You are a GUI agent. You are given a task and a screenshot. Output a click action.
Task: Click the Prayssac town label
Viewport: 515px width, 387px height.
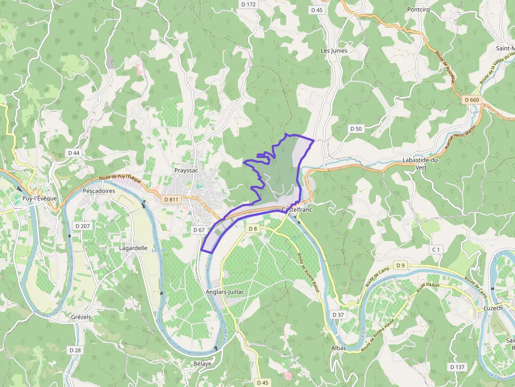186,171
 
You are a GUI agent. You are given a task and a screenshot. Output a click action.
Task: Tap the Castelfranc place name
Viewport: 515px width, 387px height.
297,210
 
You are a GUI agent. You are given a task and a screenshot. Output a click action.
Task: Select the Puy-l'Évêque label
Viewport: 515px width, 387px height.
39,198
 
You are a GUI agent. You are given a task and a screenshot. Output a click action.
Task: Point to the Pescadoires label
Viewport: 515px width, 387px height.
99,191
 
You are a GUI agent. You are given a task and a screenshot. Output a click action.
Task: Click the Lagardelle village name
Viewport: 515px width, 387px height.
133,248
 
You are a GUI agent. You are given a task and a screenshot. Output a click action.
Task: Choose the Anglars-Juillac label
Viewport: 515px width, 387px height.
226,292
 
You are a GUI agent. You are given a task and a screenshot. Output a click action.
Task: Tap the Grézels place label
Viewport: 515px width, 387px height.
81,317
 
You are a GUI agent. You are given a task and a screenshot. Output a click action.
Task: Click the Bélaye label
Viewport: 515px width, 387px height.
202,363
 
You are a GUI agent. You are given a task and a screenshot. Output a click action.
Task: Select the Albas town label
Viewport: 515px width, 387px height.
339,348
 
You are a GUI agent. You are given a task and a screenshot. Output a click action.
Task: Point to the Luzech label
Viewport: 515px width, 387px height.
493,308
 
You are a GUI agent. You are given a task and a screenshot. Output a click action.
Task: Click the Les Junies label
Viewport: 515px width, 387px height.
334,50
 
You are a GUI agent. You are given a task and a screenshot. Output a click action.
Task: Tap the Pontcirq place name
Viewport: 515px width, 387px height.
419,9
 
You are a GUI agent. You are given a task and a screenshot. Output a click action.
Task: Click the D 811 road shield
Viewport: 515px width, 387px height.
171,200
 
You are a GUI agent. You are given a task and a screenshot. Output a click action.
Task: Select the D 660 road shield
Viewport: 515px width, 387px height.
472,100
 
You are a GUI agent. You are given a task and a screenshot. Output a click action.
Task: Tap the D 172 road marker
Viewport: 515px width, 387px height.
248,4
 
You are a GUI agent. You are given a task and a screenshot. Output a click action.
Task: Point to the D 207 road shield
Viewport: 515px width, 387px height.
83,226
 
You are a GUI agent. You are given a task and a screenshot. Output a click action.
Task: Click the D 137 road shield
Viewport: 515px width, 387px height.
458,367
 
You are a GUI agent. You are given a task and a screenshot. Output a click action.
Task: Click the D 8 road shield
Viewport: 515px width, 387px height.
253,228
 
